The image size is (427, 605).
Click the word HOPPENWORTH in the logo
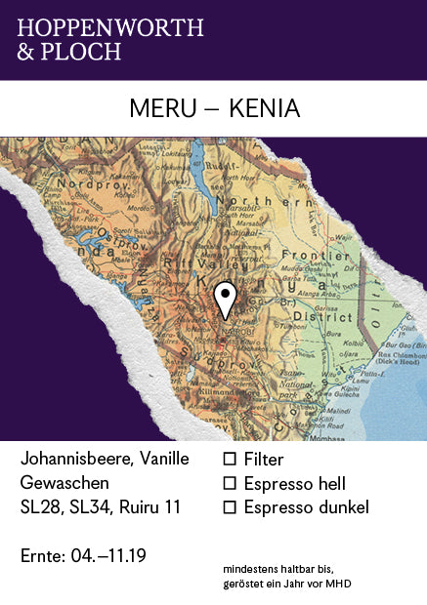[x=110, y=27]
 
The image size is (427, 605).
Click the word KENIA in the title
[x=264, y=109]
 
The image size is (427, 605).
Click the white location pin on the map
[x=226, y=299]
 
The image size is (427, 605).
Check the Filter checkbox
[x=231, y=459]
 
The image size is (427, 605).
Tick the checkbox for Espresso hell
[x=231, y=483]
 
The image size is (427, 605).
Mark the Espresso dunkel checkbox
[x=231, y=507]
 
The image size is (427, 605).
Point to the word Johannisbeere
[x=76, y=459]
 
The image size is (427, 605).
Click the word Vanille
[x=164, y=459]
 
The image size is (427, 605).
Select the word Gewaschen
[x=64, y=483]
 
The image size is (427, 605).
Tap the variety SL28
[x=40, y=507]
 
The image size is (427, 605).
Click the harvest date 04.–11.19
[x=109, y=556]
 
